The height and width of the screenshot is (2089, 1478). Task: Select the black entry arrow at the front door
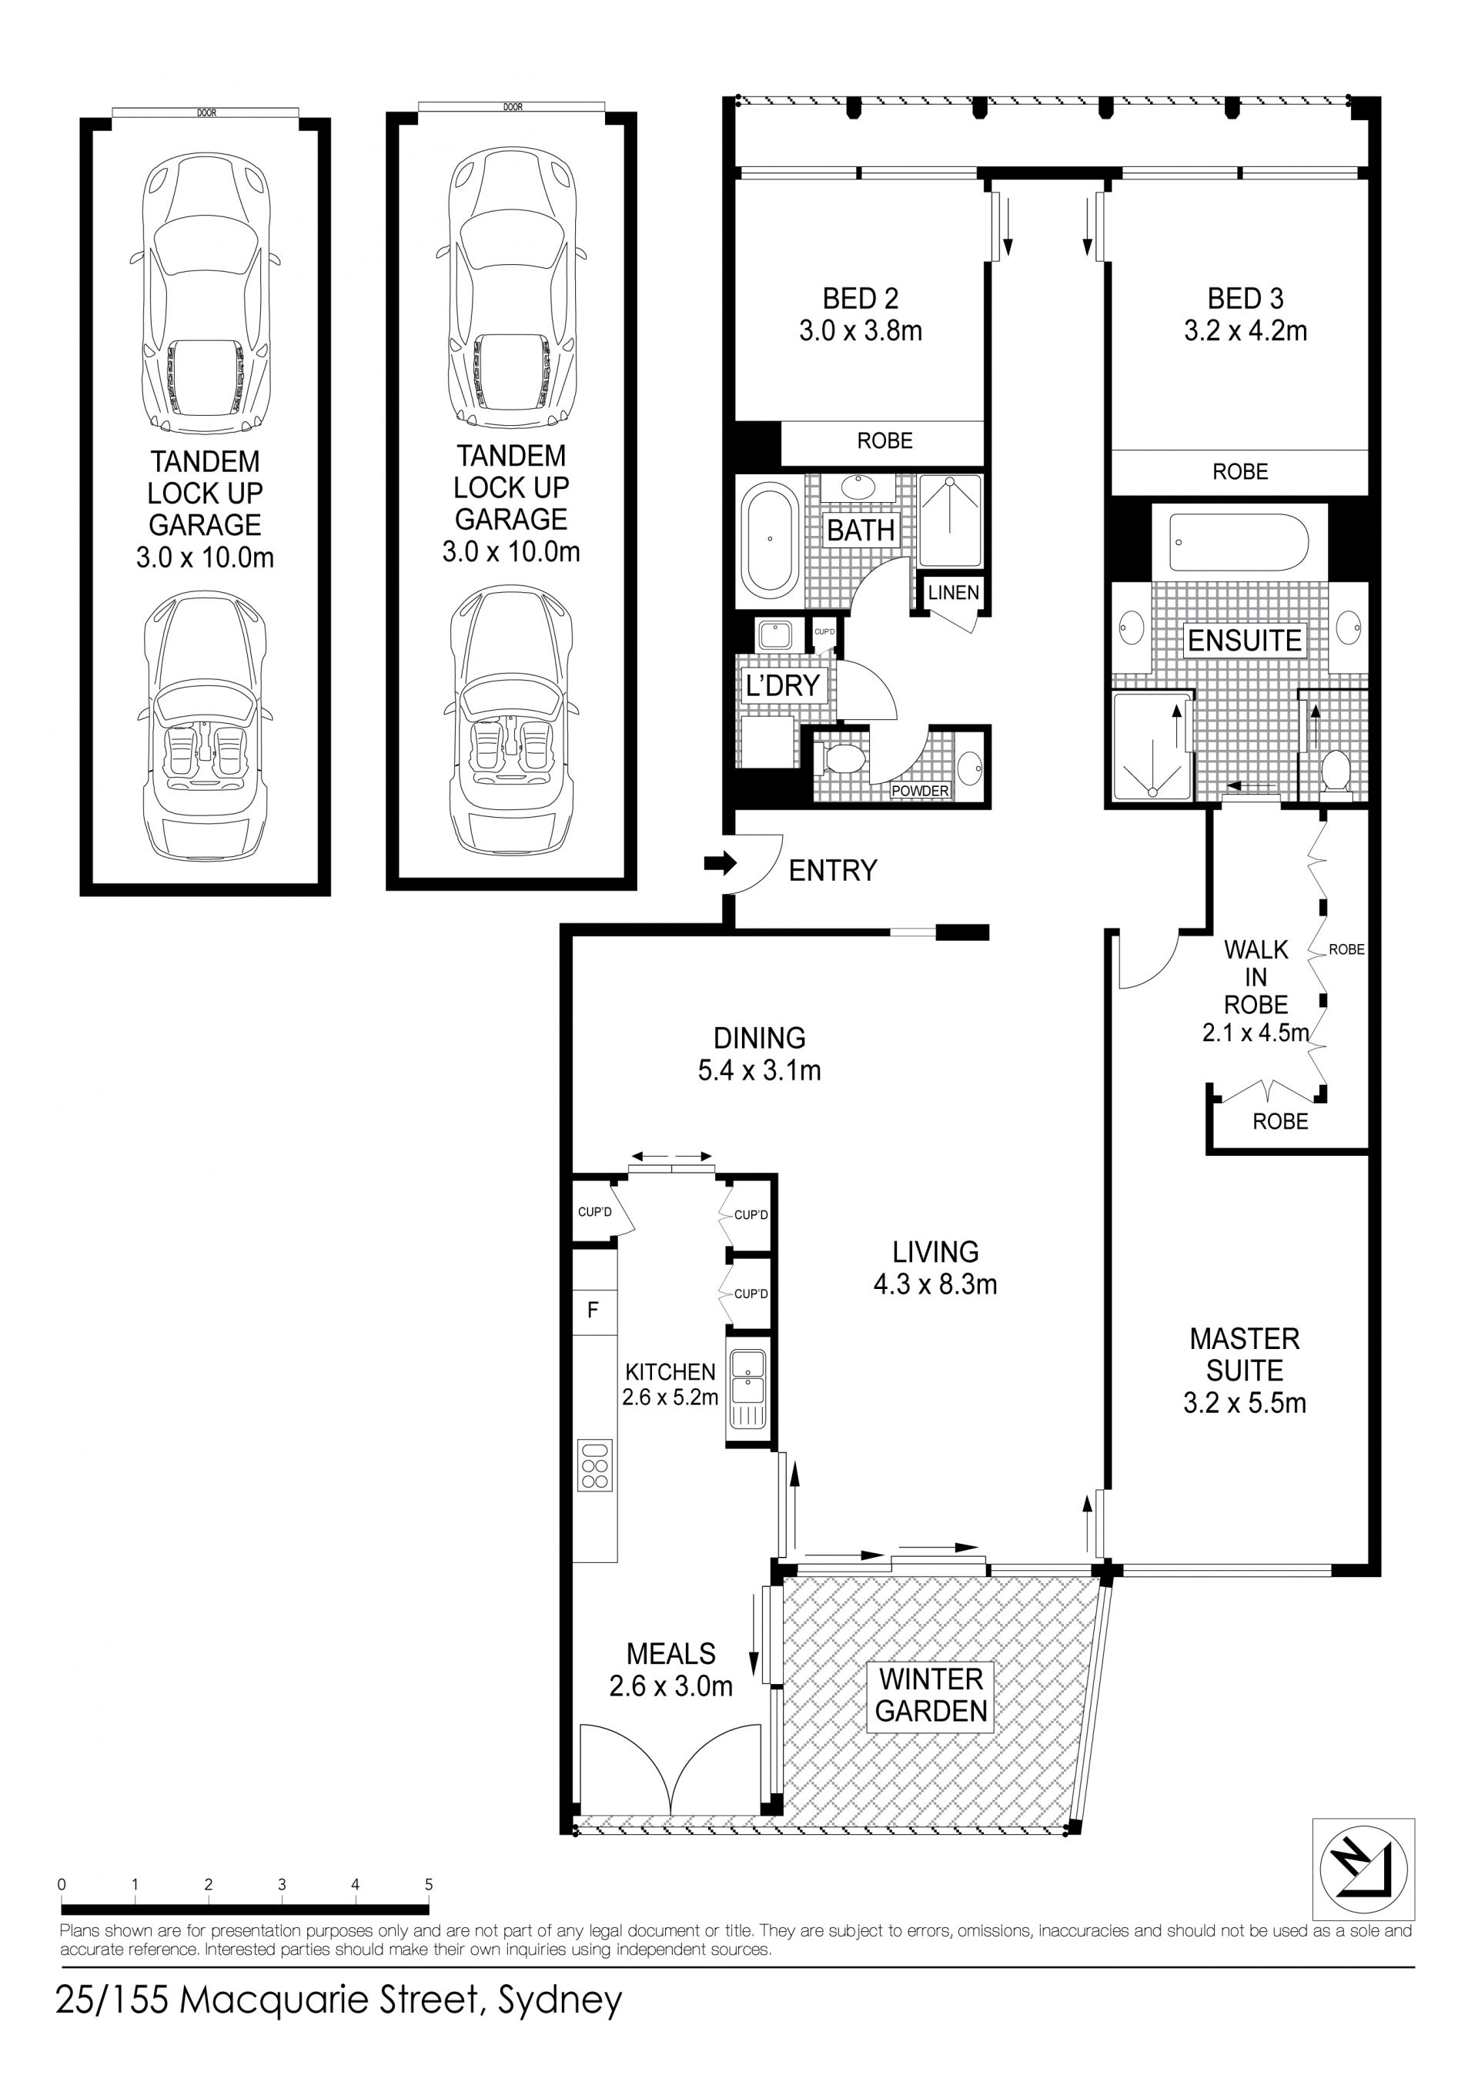click(x=720, y=863)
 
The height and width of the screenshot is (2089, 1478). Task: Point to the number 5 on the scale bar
click(x=429, y=1884)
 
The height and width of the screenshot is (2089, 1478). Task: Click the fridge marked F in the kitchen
click(x=594, y=1310)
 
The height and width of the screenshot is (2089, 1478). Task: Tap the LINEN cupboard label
click(x=953, y=593)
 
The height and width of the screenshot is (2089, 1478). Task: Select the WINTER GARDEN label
click(x=931, y=1695)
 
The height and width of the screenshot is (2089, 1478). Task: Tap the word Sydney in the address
click(x=559, y=2000)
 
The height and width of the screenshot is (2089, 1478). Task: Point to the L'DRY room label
click(x=783, y=685)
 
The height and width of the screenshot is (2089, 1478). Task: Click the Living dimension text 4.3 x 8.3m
click(x=935, y=1284)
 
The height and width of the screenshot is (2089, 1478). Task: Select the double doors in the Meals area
click(x=670, y=1774)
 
